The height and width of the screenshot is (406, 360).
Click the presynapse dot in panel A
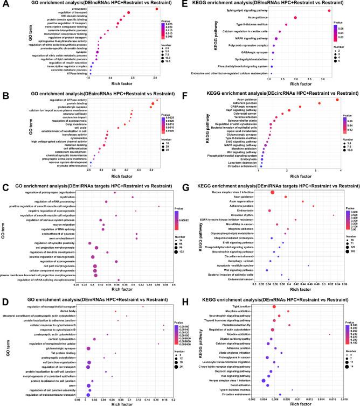pyautogui.click(x=156, y=9)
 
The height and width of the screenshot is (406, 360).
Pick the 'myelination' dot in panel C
pyautogui.click(x=133, y=197)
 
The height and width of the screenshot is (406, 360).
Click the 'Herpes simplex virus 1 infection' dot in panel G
pyautogui.click(x=272, y=192)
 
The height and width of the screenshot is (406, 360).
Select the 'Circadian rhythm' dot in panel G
pyautogui.click(x=334, y=215)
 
